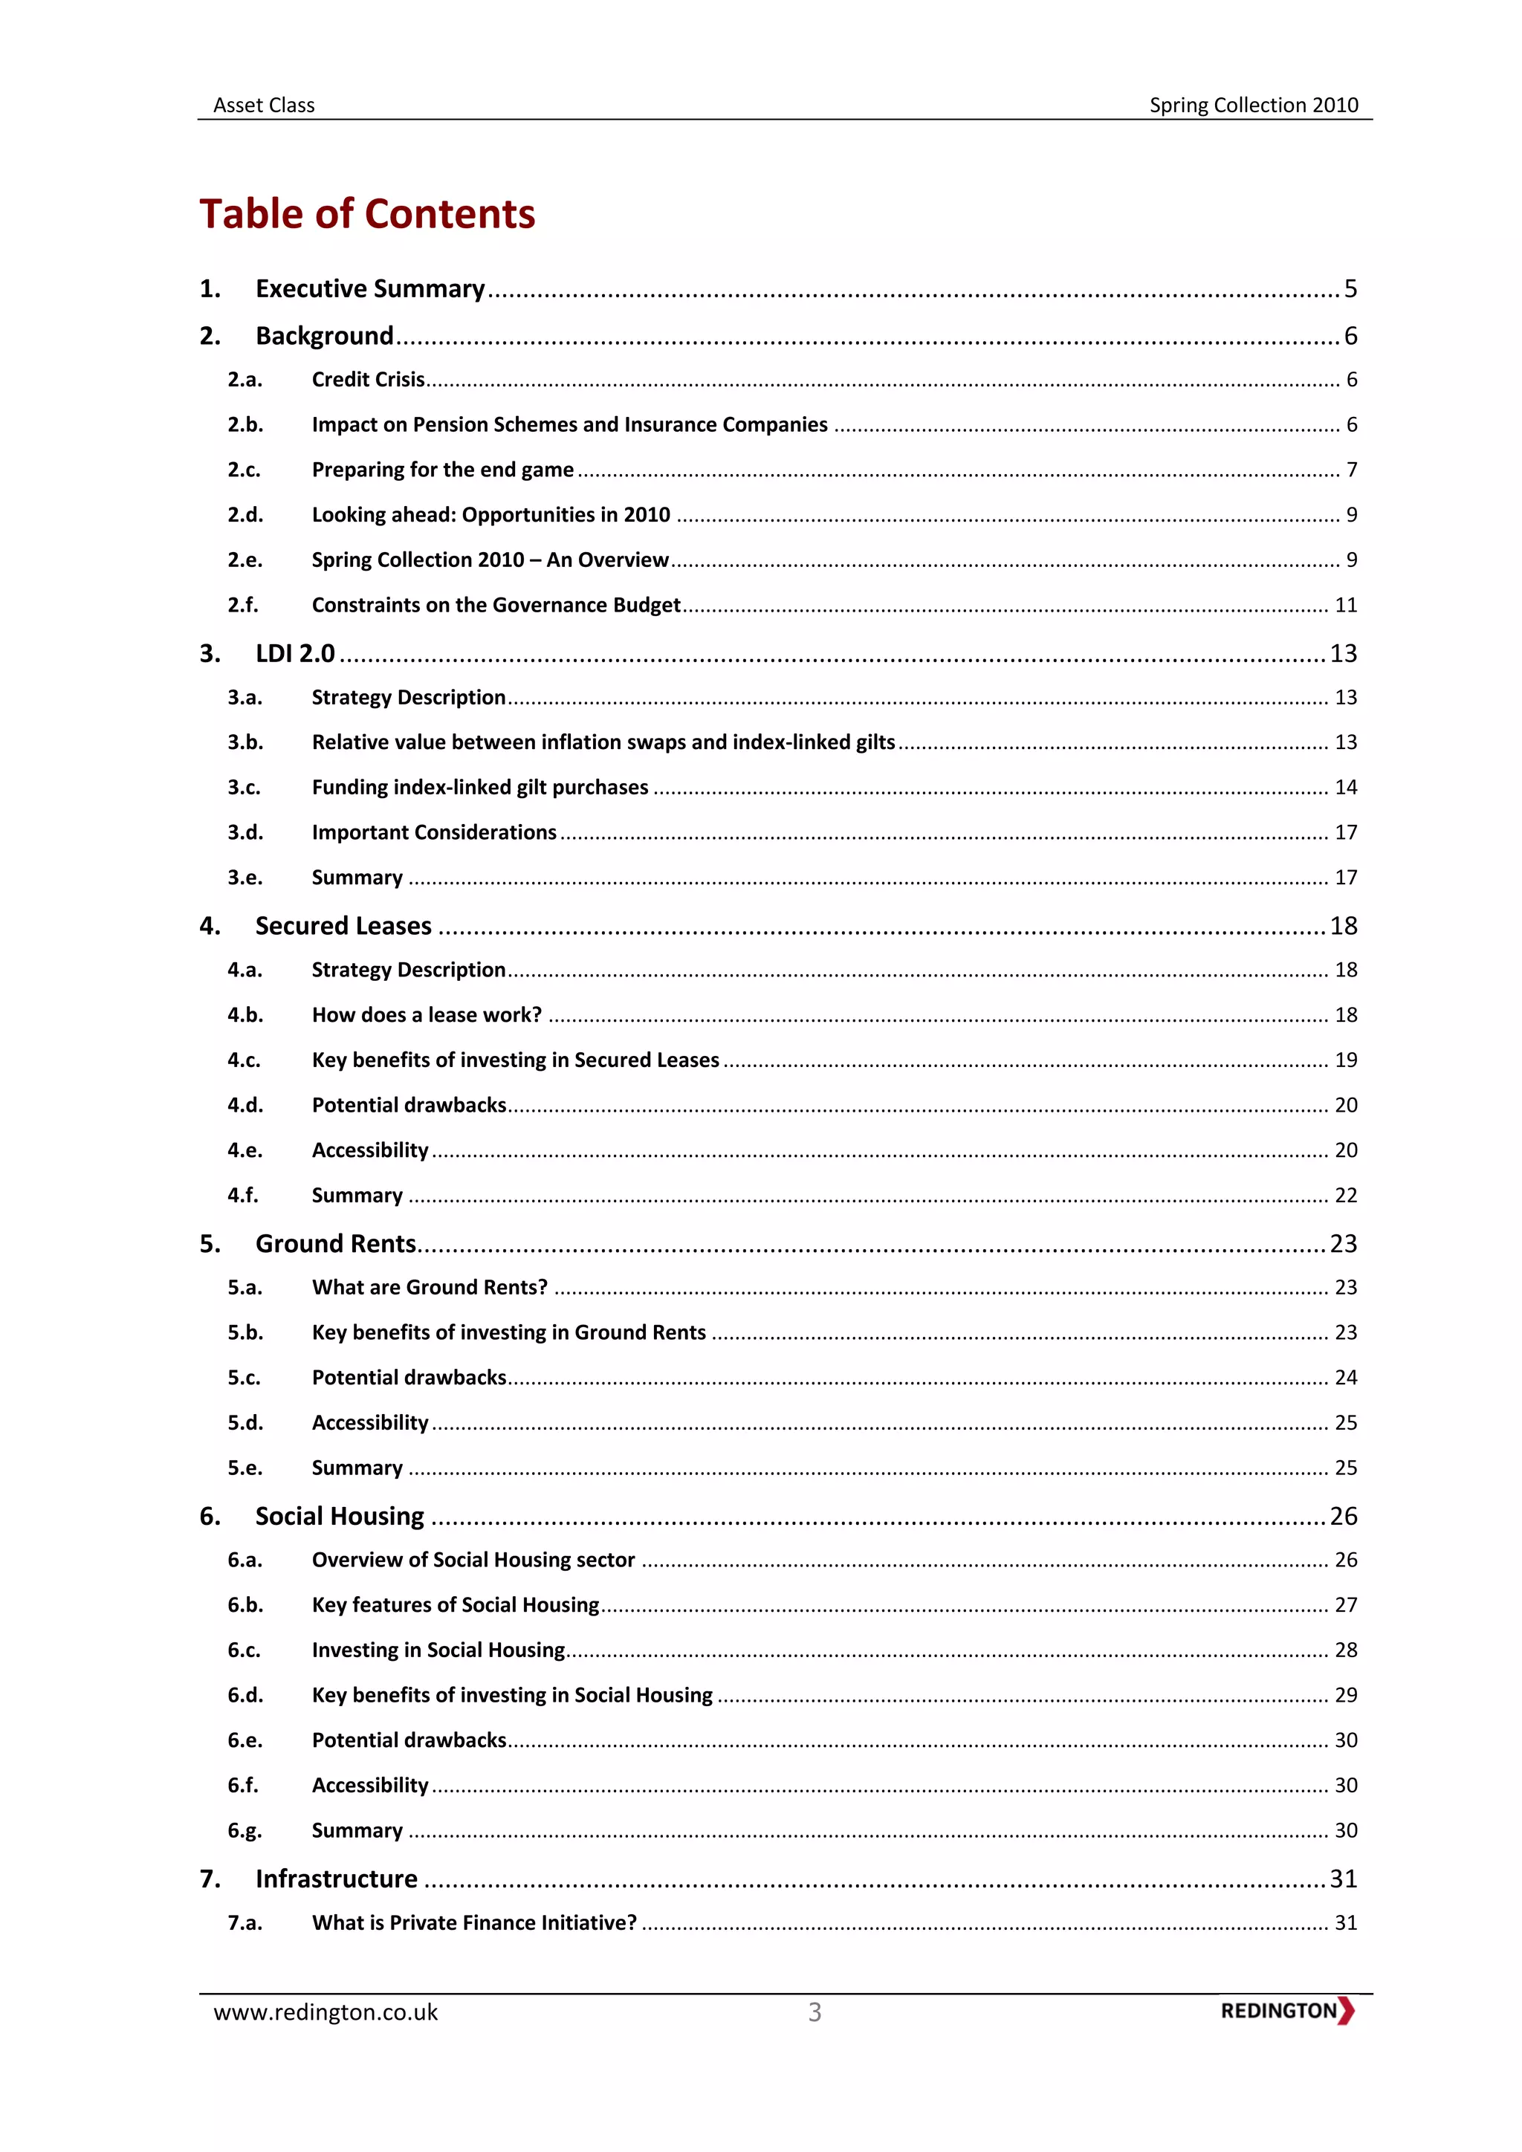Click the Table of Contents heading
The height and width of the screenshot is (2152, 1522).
coord(366,215)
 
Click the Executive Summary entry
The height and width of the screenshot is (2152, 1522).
coord(369,288)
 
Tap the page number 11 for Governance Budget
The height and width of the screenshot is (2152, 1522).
coord(1346,606)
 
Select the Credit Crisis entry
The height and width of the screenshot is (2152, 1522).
coord(369,380)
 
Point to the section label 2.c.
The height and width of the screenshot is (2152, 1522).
coord(244,470)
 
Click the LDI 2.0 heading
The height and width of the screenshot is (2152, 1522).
coord(294,653)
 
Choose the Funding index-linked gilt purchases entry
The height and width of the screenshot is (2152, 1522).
coord(480,788)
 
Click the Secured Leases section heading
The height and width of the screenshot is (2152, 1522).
coord(343,926)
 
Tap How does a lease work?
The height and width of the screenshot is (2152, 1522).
coord(427,1015)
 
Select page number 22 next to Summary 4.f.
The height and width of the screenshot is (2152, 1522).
coord(1346,1196)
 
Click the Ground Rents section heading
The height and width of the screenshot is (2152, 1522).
coord(335,1244)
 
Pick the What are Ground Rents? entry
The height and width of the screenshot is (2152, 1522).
coord(430,1288)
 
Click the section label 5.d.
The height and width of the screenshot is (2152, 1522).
coord(245,1423)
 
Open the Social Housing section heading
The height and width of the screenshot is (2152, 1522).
coord(340,1517)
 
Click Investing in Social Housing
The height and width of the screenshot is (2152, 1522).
coord(438,1650)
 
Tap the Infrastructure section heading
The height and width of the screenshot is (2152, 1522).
coord(337,1879)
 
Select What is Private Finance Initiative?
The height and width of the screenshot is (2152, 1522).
coord(474,1923)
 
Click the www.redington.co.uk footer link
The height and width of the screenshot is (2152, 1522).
coord(326,2013)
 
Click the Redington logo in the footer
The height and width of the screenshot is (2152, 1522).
coord(1286,2012)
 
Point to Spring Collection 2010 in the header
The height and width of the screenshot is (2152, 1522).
coord(1253,105)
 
